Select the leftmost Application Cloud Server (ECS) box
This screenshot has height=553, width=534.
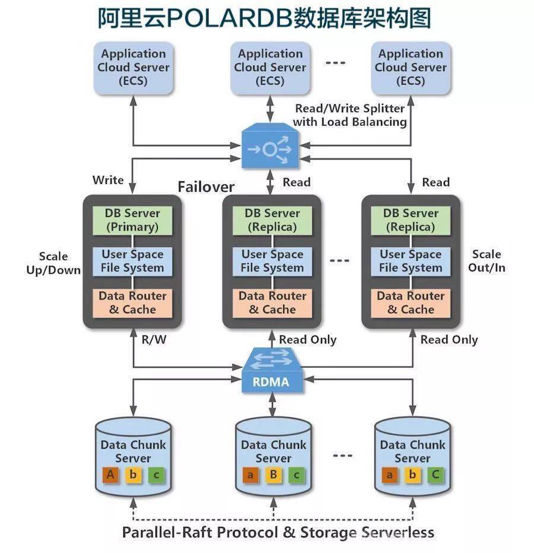[133, 68]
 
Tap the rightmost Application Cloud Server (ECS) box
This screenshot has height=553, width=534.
[410, 68]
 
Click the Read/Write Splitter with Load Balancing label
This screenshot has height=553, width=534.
[349, 115]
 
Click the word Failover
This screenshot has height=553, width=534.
[206, 187]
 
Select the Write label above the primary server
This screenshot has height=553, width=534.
[108, 180]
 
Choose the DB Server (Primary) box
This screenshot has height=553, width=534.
[132, 220]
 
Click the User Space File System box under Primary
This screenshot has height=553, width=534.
[132, 261]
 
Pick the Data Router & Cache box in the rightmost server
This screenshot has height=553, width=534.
[410, 303]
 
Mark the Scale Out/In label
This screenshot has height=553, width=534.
[487, 261]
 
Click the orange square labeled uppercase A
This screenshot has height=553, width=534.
[109, 474]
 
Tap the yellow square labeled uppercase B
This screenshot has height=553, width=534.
[272, 475]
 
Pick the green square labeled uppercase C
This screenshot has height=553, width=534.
[436, 474]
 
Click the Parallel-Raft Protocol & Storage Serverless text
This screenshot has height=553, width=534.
[278, 532]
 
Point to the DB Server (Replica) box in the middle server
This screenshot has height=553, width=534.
[272, 220]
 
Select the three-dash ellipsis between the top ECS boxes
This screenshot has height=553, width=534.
[335, 63]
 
